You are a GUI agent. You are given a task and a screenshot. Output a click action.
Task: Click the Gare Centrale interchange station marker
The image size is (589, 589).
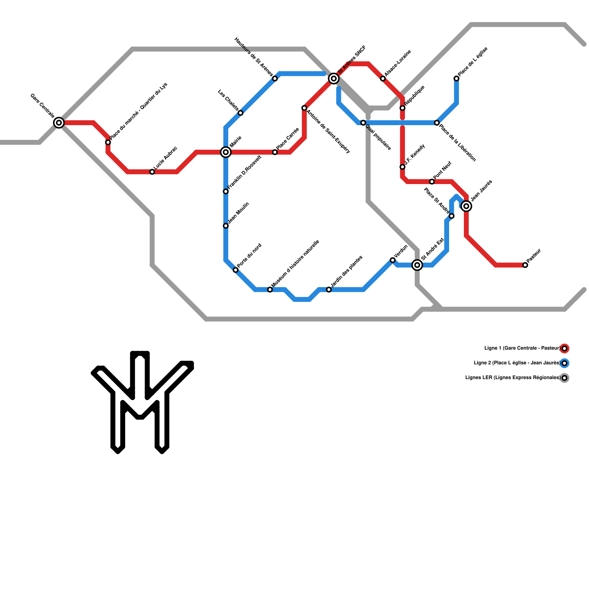pos(59,123)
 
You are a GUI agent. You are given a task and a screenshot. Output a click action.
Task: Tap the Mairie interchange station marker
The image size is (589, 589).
pos(226,152)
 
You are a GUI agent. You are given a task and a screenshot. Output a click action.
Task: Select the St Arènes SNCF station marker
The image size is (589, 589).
pos(334,78)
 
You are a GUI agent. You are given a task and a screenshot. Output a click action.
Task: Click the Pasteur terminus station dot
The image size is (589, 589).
pos(525,265)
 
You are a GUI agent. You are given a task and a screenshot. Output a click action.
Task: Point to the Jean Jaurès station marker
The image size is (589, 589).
pos(466,206)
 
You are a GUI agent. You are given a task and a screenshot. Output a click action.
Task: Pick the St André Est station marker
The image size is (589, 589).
pos(417,265)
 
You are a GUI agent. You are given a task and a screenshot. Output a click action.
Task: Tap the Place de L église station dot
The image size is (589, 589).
pos(456,78)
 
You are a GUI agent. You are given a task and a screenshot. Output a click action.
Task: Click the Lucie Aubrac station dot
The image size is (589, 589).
pos(152,172)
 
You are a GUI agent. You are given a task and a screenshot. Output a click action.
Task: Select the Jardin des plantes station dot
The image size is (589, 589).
pos(329,290)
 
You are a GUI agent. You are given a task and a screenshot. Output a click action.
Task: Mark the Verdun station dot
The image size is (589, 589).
pos(393,260)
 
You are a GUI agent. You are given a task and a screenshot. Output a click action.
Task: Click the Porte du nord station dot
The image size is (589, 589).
pos(236,270)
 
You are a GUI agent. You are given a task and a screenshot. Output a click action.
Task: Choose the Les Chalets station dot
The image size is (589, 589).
pos(240,113)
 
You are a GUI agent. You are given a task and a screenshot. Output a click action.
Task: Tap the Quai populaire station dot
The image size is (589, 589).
pos(363,123)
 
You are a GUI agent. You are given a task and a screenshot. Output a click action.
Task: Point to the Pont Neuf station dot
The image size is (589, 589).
pos(432,182)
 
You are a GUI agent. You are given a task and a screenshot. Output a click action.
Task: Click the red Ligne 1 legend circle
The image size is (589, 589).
pos(564,348)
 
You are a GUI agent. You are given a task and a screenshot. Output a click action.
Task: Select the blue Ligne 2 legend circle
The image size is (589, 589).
pos(564,363)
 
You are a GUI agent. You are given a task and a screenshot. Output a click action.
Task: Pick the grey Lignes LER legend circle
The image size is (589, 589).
pos(564,378)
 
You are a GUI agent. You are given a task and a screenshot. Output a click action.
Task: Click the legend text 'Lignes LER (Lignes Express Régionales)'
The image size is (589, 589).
pos(512,378)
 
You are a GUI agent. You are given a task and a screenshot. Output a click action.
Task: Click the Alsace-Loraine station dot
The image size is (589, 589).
pos(383,79)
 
